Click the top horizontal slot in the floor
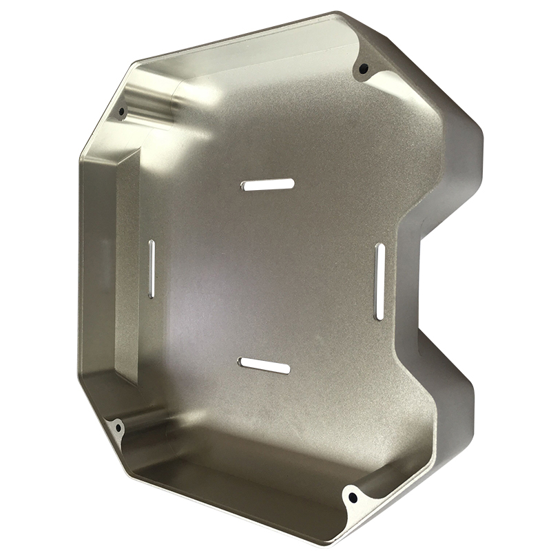(268, 185)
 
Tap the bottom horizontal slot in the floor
(264, 366)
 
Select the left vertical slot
(152, 269)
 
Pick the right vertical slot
(379, 281)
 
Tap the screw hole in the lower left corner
(118, 428)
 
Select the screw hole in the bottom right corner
(353, 496)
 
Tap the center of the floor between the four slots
(265, 275)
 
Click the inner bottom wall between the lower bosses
(234, 475)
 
